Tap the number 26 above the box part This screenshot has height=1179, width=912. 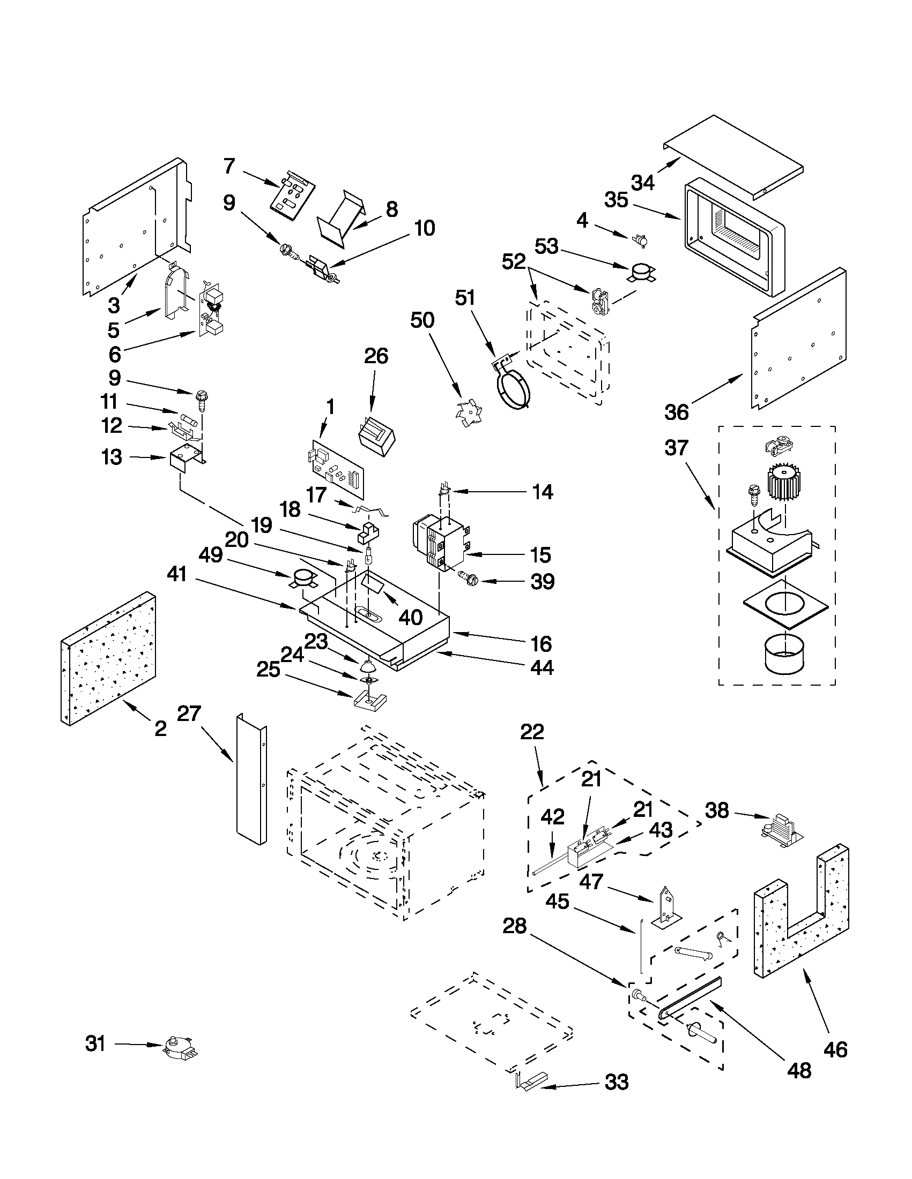(x=376, y=356)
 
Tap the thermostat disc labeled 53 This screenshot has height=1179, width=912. (x=641, y=272)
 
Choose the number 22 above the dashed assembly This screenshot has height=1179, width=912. (x=532, y=732)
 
